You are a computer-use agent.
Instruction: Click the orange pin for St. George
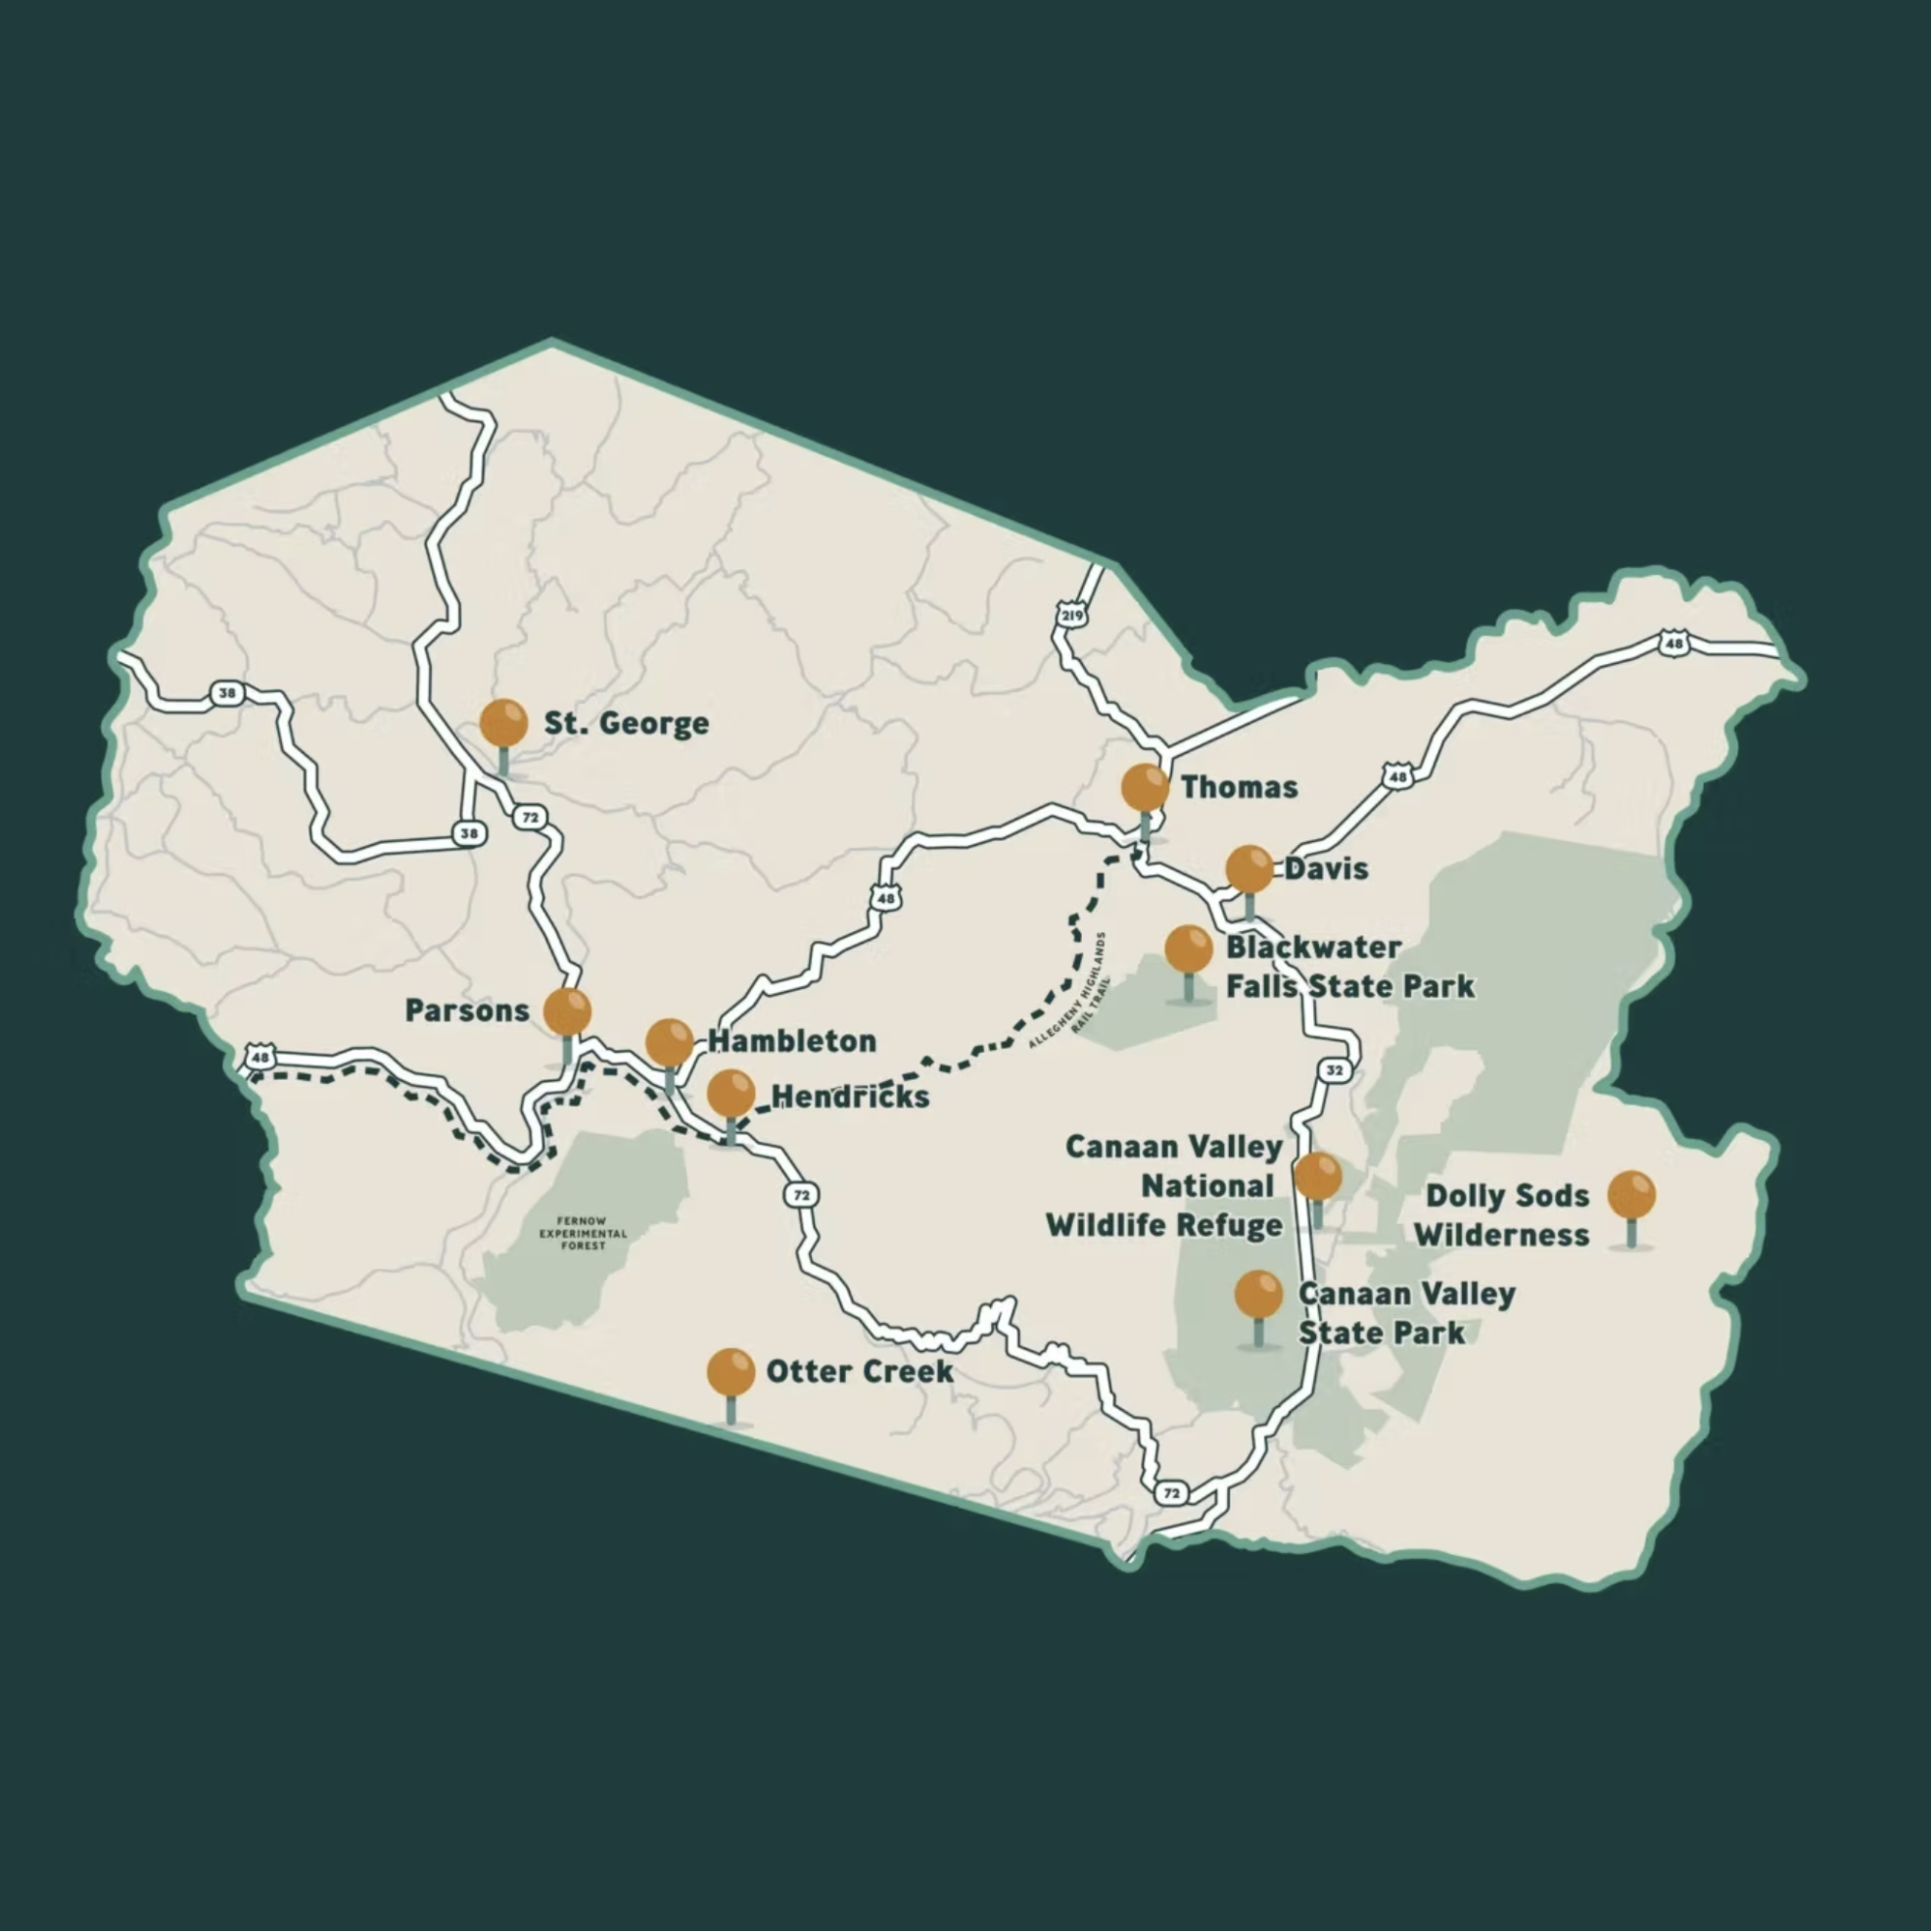[x=503, y=724]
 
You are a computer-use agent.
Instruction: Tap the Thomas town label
[x=1240, y=787]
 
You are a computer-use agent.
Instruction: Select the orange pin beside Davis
[x=1249, y=870]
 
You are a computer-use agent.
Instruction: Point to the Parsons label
[x=467, y=1011]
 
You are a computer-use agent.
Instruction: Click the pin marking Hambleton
[x=669, y=1044]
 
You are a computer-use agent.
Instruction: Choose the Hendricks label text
[x=851, y=1097]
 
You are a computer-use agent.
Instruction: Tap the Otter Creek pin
[x=730, y=1372]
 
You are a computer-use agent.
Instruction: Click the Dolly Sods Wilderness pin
[x=1631, y=1196]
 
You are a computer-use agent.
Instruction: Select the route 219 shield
[x=1071, y=616]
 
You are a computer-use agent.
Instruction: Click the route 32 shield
[x=1336, y=1070]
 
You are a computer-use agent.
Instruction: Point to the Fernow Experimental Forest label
[x=584, y=1234]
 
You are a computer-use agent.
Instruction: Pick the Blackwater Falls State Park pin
[x=1189, y=950]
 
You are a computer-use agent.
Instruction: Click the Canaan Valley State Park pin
[x=1258, y=1295]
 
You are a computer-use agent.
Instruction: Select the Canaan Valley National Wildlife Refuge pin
[x=1318, y=1176]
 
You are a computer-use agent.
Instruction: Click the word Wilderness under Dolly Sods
[x=1501, y=1236]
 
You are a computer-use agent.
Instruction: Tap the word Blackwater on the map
[x=1313, y=948]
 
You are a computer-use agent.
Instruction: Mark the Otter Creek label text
[x=860, y=1371]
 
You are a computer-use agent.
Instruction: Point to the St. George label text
[x=627, y=724]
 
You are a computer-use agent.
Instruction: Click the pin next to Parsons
[x=568, y=1013]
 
